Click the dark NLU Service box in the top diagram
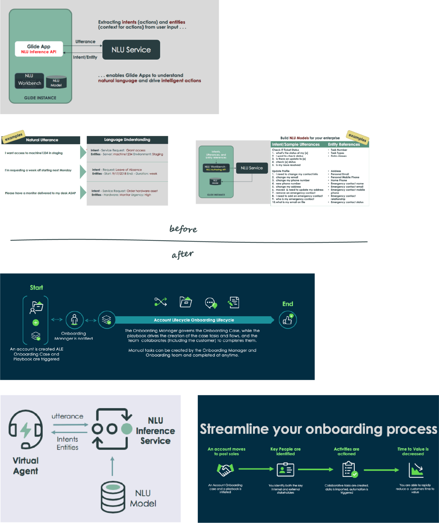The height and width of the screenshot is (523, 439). click(131, 50)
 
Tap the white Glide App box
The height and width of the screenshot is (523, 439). click(39, 49)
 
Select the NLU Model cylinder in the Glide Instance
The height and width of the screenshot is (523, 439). click(56, 82)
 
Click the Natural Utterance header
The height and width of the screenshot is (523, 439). click(42, 140)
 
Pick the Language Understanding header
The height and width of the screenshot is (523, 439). click(127, 140)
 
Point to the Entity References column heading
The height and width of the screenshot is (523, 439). click(344, 144)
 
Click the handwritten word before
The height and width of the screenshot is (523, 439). click(183, 229)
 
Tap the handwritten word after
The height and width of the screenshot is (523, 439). click(182, 254)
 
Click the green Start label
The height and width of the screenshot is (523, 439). click(36, 288)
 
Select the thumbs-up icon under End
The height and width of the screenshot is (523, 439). click(288, 320)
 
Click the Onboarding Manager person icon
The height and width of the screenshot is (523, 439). click(74, 320)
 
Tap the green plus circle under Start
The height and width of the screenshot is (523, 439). click(36, 323)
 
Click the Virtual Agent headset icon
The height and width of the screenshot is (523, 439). click(26, 429)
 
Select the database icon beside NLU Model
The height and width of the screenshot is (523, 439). click(113, 497)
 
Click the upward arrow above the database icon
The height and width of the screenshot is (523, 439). click(112, 466)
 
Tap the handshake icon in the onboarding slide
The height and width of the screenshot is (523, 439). click(225, 470)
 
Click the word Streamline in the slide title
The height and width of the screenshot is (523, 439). click(234, 429)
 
